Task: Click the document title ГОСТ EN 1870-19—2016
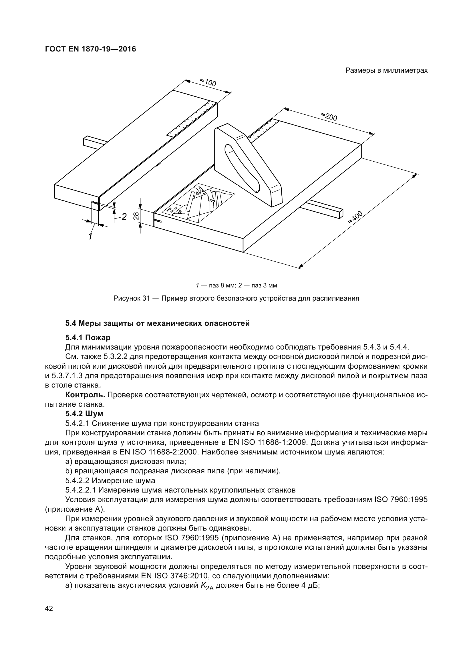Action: click(90, 49)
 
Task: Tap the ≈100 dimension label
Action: click(208, 82)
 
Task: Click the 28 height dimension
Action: click(136, 216)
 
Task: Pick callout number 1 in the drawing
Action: click(91, 236)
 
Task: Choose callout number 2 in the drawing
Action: click(124, 217)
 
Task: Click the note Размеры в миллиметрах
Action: click(387, 71)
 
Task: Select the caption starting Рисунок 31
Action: click(236, 298)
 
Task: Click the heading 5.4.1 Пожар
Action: click(88, 338)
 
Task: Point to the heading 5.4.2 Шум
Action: click(84, 414)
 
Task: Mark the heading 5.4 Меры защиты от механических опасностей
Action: click(157, 323)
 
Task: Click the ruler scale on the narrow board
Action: click(192, 118)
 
